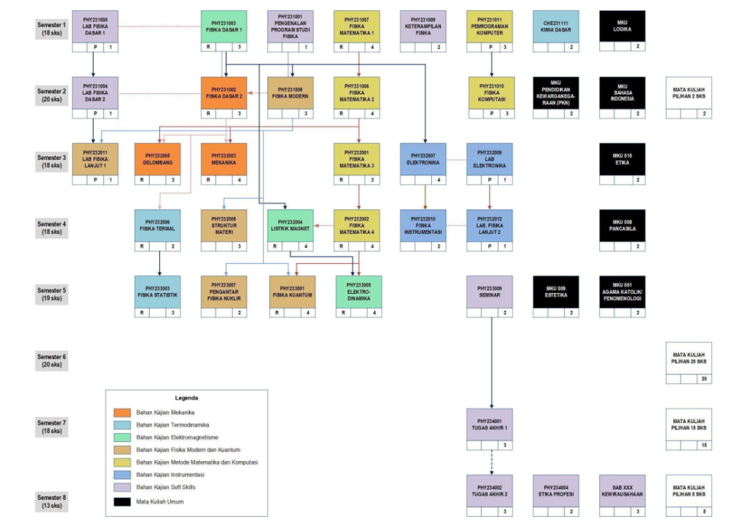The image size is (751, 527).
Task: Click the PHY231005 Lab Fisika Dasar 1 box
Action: [x=95, y=26]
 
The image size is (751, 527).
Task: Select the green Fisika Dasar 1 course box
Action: [x=224, y=26]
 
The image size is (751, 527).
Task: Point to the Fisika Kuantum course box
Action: [x=292, y=291]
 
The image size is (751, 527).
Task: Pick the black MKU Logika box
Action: [x=622, y=26]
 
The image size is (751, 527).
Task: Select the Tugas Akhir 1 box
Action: [x=491, y=424]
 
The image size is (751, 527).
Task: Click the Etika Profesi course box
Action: [x=556, y=490]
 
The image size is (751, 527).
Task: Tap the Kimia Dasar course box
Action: [x=556, y=26]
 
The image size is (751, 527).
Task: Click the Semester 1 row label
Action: [x=51, y=29]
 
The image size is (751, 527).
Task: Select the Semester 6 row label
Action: [x=51, y=360]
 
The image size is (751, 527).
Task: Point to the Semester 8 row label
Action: [x=51, y=501]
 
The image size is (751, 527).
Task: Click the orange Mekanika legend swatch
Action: [x=122, y=413]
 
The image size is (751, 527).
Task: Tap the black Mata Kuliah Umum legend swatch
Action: [x=122, y=502]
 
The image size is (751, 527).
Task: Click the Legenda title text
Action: [x=186, y=398]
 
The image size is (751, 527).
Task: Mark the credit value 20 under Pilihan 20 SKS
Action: [x=704, y=379]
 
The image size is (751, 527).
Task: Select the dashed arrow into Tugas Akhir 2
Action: [x=491, y=460]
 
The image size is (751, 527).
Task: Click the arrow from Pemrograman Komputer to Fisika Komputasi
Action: [x=491, y=65]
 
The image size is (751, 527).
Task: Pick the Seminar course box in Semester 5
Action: [x=491, y=291]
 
